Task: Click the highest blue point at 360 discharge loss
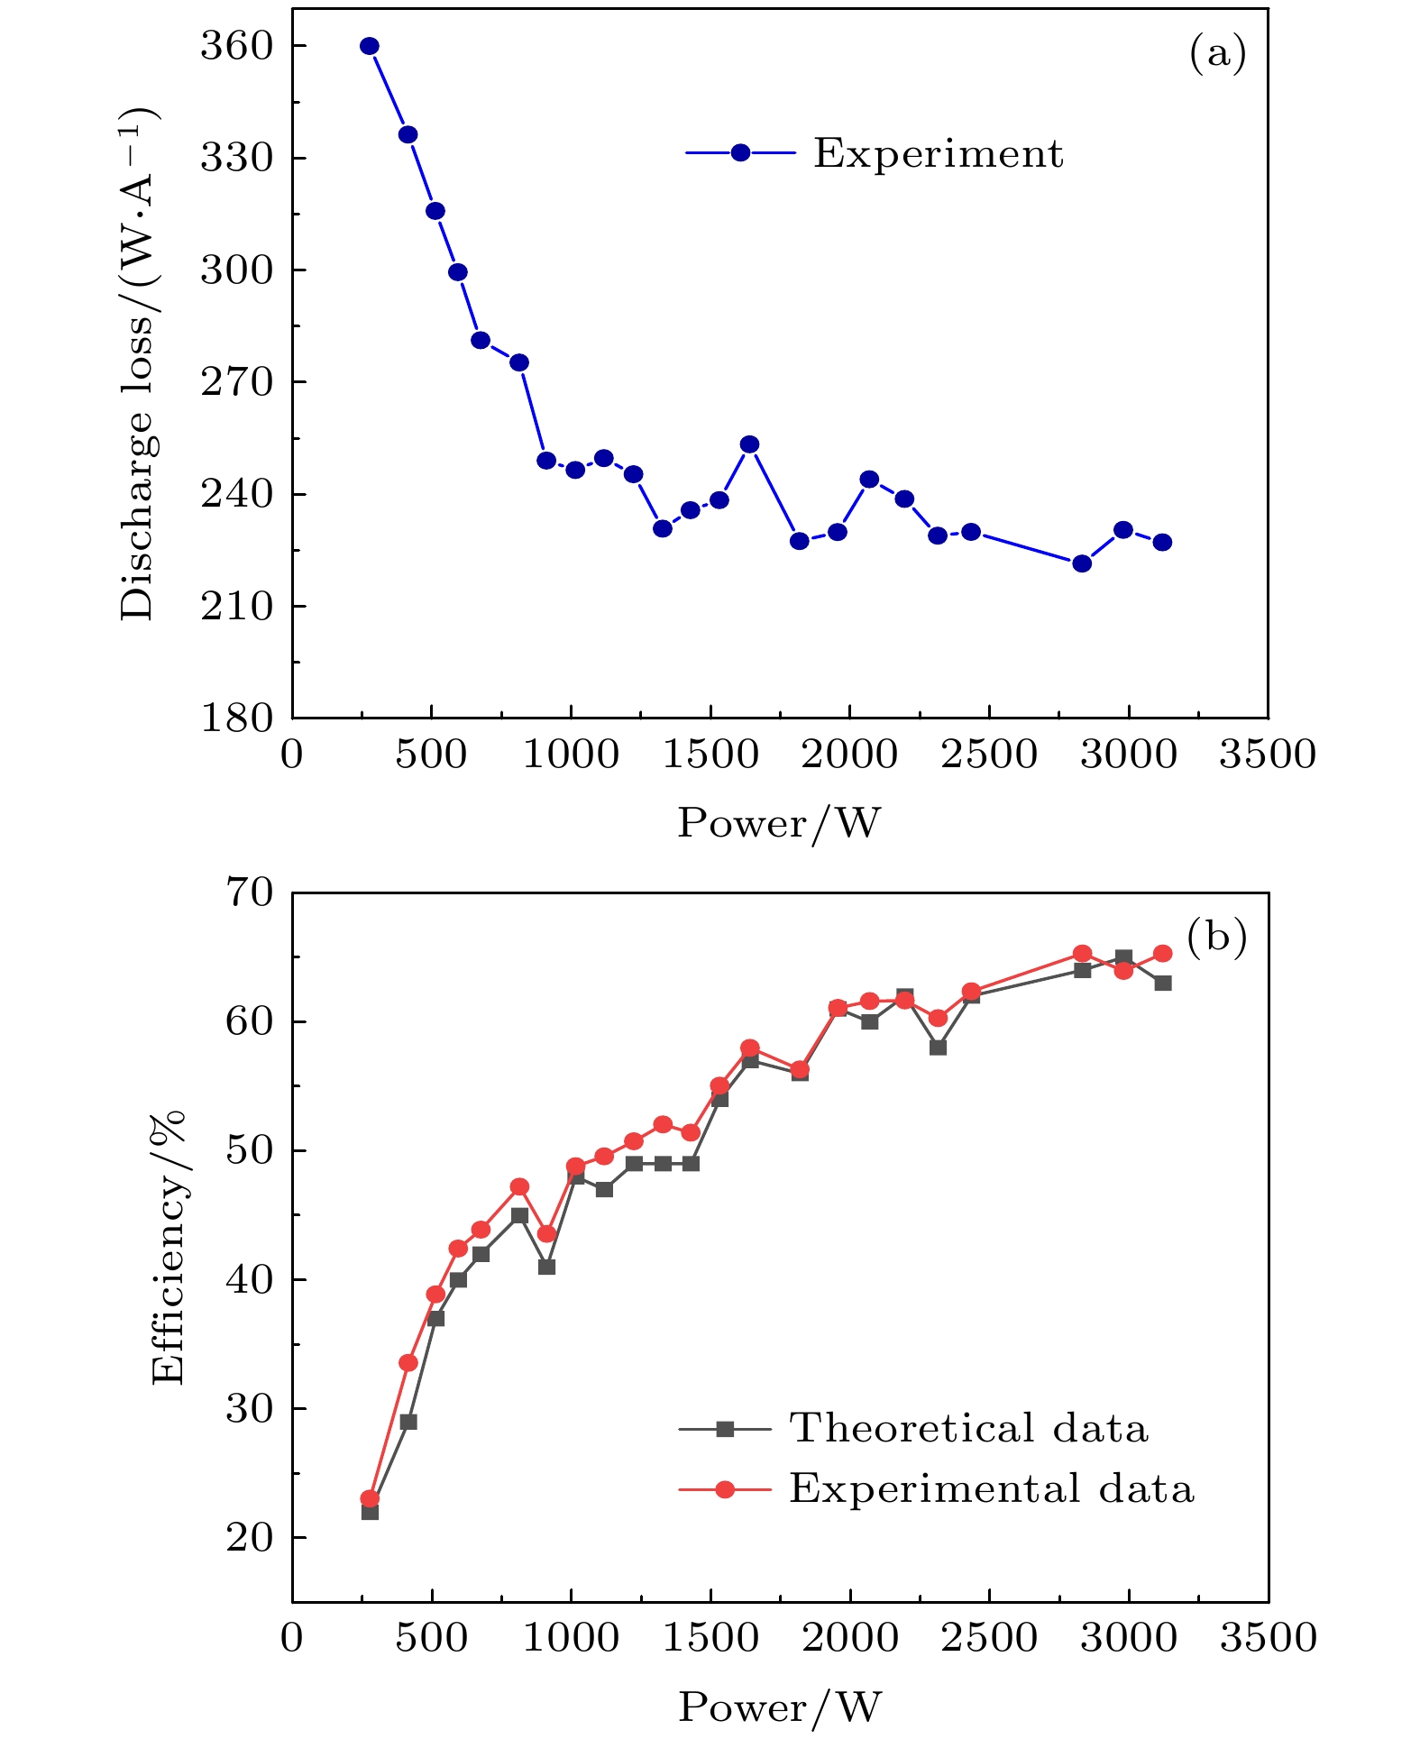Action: [x=370, y=46]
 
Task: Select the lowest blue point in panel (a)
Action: [x=1082, y=563]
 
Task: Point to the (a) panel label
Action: [x=1217, y=53]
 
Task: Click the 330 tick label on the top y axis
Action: [x=236, y=158]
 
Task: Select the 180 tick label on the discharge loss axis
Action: [x=236, y=718]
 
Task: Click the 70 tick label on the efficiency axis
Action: [x=249, y=892]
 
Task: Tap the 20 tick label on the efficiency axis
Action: [x=249, y=1537]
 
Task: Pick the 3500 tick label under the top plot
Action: [x=1268, y=754]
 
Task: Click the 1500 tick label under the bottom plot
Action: [x=710, y=1637]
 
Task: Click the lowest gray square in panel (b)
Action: [x=370, y=1512]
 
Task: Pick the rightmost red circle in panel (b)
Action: [x=1163, y=954]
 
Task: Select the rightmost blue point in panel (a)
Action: [x=1163, y=542]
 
